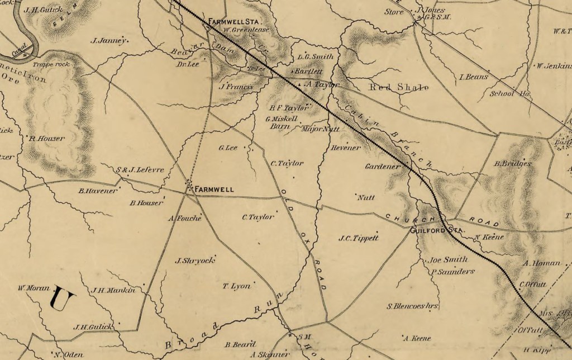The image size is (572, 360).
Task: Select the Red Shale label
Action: [399, 88]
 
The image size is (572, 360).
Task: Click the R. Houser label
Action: [47, 139]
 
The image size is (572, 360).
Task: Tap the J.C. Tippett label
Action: [359, 238]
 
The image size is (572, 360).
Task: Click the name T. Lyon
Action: [237, 286]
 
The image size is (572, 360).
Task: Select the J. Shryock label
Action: [195, 260]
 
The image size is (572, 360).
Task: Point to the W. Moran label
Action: [31, 288]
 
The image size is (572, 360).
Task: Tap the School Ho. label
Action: [509, 94]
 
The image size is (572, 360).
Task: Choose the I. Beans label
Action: [473, 77]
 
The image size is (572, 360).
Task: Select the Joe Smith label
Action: [440, 260]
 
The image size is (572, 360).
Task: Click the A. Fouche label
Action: [184, 219]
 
